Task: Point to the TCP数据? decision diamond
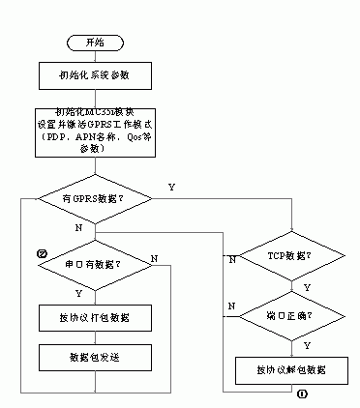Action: point(289,256)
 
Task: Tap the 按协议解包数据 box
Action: point(289,369)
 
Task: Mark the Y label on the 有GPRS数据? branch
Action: point(171,186)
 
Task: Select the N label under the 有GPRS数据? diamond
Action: point(77,227)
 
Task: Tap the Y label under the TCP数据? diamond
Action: point(307,287)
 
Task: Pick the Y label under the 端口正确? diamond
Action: point(307,343)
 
